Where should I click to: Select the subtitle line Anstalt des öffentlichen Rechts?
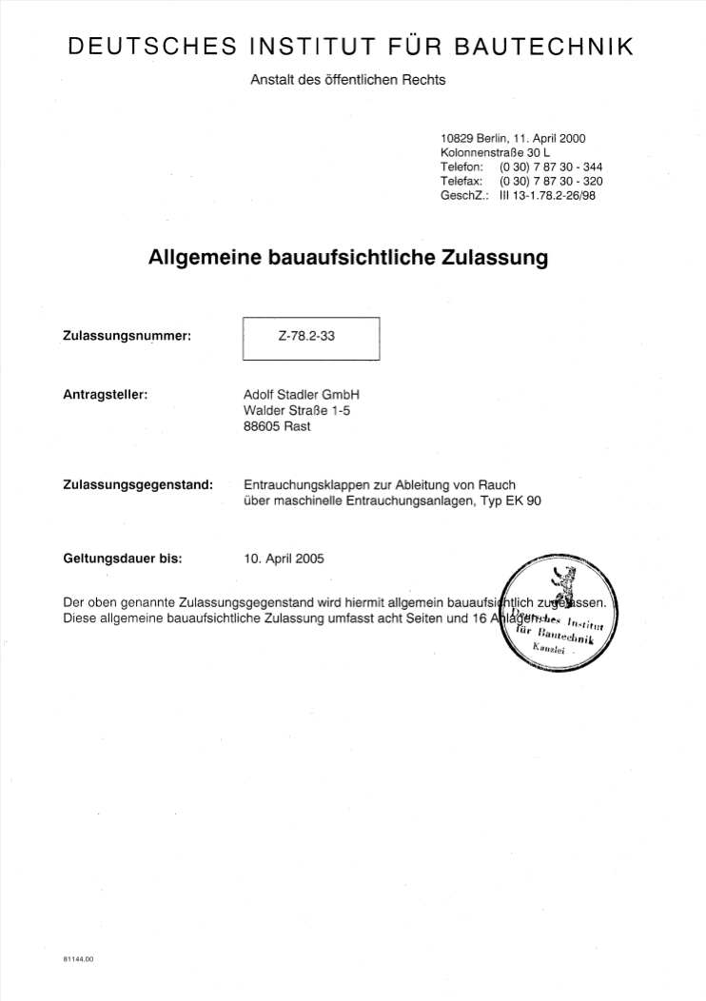tap(347, 80)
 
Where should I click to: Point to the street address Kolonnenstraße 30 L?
tap(496, 153)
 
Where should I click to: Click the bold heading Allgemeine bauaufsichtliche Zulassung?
tap(348, 257)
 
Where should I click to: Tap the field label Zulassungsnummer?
tap(127, 337)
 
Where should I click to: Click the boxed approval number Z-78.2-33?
tap(311, 337)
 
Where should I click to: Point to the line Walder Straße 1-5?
tap(297, 411)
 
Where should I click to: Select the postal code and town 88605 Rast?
tap(277, 426)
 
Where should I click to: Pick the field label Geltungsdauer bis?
tap(122, 559)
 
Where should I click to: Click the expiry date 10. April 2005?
tap(284, 559)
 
